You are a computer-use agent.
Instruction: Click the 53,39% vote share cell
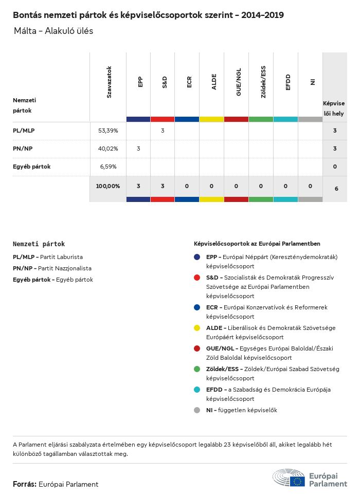(x=108, y=131)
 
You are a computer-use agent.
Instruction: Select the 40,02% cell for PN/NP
(x=108, y=149)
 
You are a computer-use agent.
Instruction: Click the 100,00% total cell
(x=108, y=186)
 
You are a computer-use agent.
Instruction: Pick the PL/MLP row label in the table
(x=24, y=131)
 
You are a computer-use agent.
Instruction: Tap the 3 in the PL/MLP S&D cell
(x=162, y=131)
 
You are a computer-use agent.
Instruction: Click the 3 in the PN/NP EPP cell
(x=138, y=149)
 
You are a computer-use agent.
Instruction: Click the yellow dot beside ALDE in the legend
(x=197, y=328)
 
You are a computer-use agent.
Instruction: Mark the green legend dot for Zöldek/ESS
(x=197, y=369)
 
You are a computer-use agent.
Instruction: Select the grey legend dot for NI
(x=197, y=410)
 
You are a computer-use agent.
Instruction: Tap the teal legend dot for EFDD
(x=197, y=390)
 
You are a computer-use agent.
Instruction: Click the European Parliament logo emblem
(x=289, y=477)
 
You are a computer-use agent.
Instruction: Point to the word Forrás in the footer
(x=24, y=484)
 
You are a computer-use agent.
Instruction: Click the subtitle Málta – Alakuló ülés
(x=53, y=31)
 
